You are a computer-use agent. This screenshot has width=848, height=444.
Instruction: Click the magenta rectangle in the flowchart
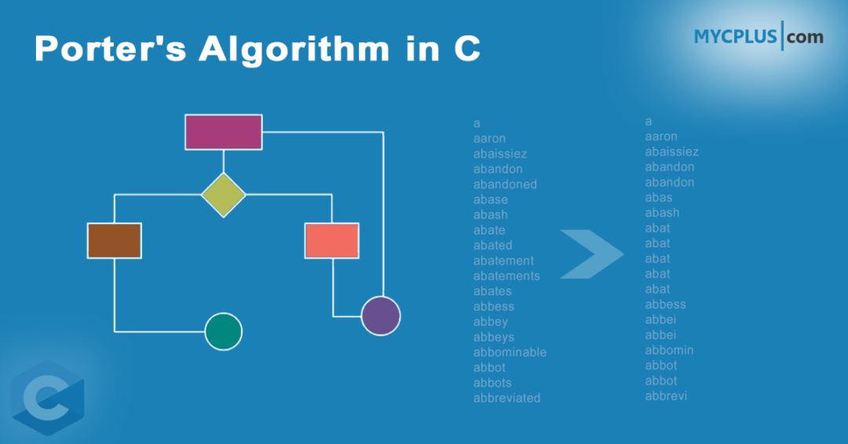[223, 132]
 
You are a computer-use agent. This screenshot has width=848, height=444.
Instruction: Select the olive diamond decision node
[224, 194]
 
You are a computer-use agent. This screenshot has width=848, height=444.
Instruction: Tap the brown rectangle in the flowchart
[115, 240]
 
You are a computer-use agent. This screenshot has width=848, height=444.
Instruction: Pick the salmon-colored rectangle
[331, 240]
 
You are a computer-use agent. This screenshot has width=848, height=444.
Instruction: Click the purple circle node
[381, 316]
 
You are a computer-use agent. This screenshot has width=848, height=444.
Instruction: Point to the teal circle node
[224, 332]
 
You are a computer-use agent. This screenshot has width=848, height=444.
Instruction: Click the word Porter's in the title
[108, 50]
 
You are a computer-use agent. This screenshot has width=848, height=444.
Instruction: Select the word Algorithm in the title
[294, 50]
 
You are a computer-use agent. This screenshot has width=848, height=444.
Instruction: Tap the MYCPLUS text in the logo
[735, 37]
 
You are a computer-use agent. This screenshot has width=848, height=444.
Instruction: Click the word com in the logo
[805, 37]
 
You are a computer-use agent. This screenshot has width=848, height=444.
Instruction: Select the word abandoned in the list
[505, 184]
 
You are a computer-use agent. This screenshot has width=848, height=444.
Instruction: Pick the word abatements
[506, 276]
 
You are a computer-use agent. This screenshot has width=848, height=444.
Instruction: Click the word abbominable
[510, 352]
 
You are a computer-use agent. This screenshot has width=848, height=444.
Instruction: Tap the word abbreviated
[506, 398]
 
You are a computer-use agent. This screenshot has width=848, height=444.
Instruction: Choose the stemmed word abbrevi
[666, 396]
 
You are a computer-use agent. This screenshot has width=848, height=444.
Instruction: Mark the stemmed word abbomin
[669, 350]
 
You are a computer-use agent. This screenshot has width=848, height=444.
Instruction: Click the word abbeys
[493, 337]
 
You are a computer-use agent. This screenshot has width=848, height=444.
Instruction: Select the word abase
[491, 200]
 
